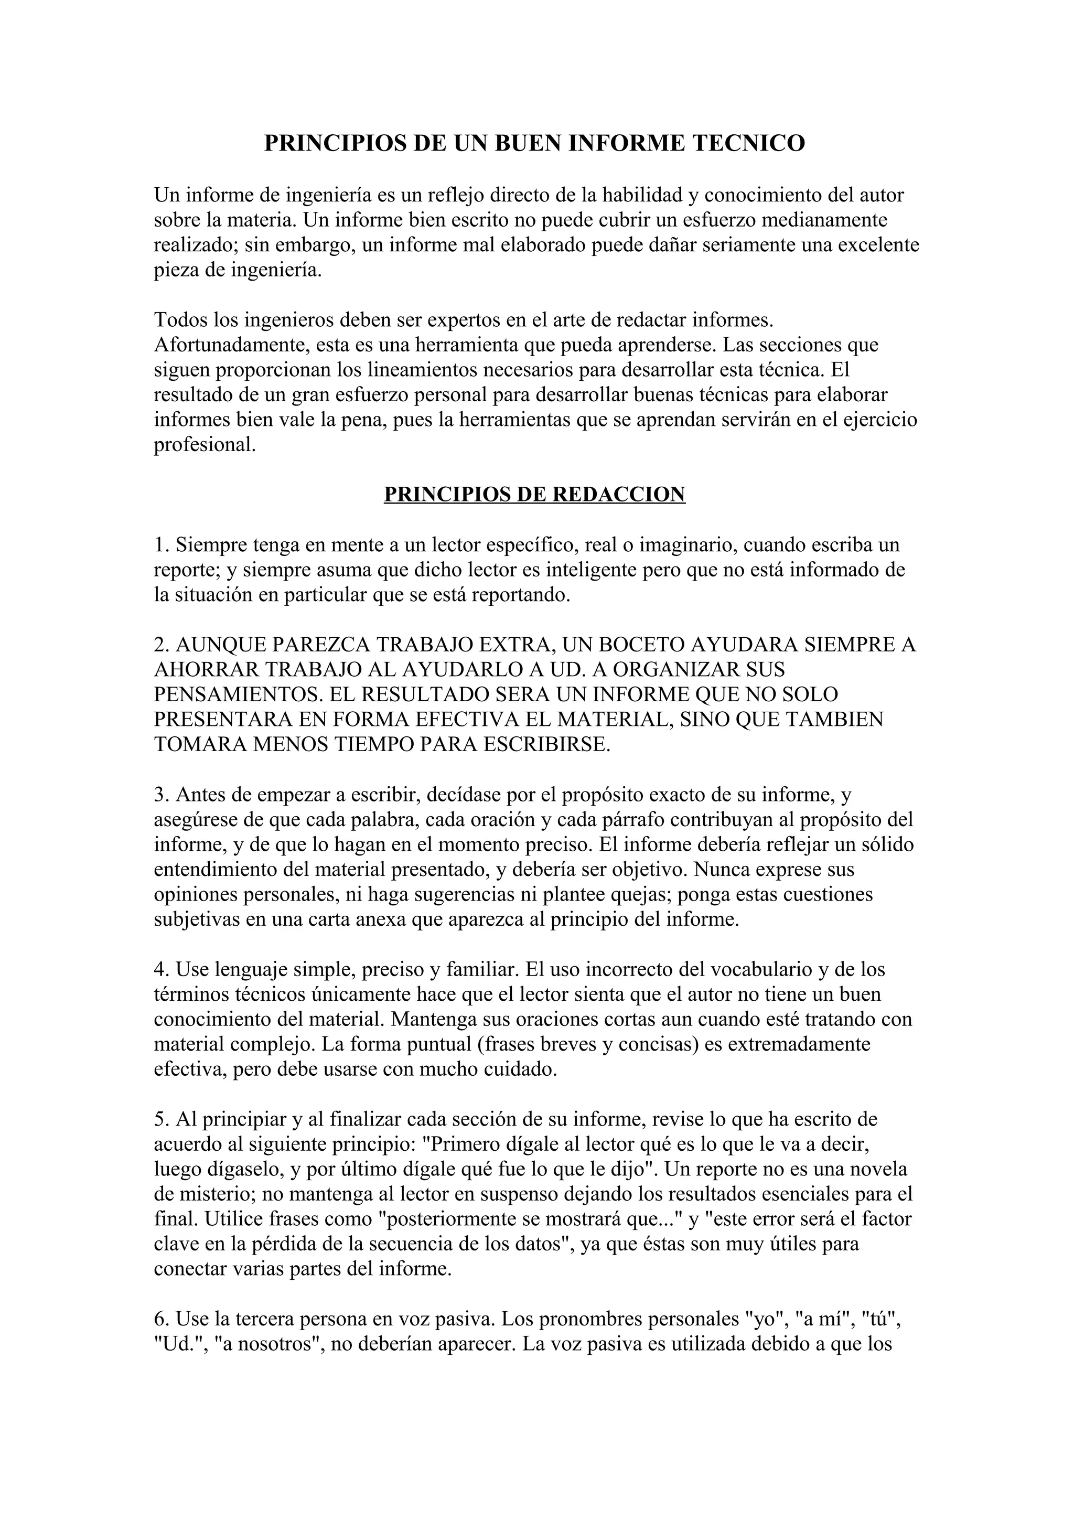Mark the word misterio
point(210,1194)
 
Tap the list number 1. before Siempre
point(162,545)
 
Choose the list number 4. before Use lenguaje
point(162,970)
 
